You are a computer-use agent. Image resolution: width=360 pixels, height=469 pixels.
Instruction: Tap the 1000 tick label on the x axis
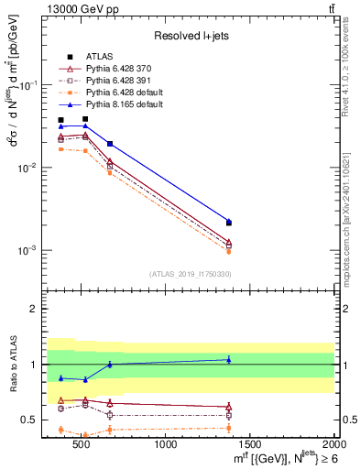point(167,444)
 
